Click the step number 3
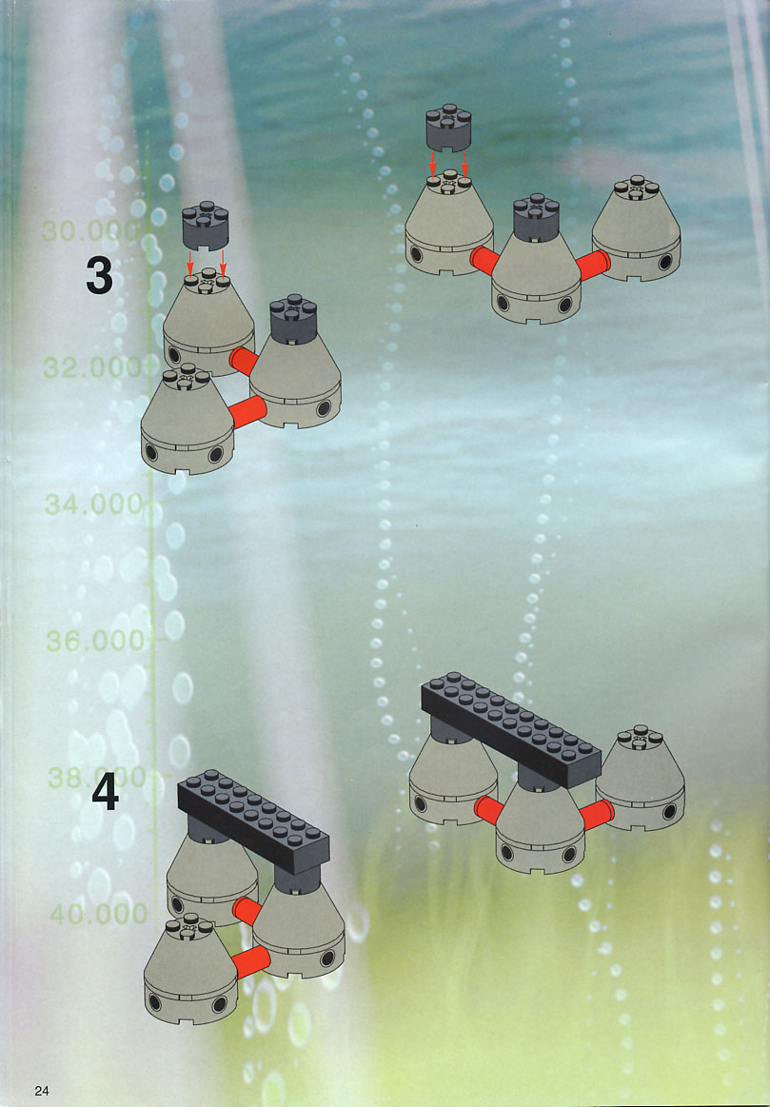tap(100, 275)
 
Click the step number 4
tap(105, 793)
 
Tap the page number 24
tap(42, 1090)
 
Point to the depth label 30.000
tap(90, 231)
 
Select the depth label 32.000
tap(92, 367)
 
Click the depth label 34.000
tap(94, 504)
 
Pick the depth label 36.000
tap(95, 641)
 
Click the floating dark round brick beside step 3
tap(206, 226)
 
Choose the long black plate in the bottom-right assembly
tap(511, 728)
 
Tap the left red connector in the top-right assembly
tap(484, 261)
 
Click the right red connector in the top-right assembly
tap(593, 265)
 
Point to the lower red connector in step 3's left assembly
tap(248, 411)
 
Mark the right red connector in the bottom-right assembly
tap(597, 815)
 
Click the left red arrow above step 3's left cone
tap(189, 264)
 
